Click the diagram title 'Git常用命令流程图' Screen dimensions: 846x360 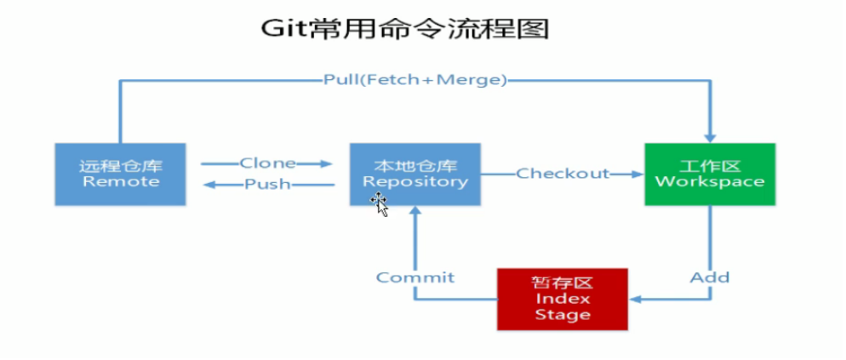point(404,29)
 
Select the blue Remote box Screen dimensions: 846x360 point(120,174)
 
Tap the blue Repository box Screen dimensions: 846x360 point(414,174)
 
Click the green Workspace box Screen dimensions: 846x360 point(710,174)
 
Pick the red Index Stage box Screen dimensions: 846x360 point(563,299)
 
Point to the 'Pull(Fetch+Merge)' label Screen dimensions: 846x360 point(414,80)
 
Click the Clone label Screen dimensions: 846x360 point(267,163)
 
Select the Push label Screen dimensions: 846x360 point(267,185)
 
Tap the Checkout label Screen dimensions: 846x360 point(563,174)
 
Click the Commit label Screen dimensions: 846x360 point(415,277)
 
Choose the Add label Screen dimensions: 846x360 point(710,277)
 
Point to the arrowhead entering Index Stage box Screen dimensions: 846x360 point(635,299)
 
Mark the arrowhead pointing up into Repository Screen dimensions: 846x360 point(414,212)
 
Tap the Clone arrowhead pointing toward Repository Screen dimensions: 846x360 point(325,163)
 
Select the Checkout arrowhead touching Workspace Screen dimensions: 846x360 point(637,174)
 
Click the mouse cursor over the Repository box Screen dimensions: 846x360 point(380,205)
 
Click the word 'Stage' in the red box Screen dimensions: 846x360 point(563,315)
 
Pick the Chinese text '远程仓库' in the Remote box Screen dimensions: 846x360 point(120,166)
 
